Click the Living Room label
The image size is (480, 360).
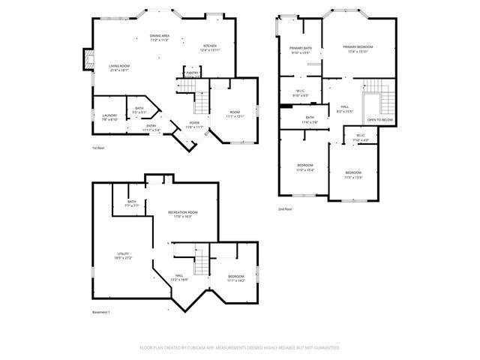[118, 67]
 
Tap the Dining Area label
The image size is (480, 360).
[159, 36]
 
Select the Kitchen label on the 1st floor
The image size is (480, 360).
[210, 46]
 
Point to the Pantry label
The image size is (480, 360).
[192, 73]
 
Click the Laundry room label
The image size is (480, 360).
[109, 115]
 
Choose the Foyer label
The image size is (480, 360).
[194, 122]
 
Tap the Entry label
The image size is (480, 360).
[151, 126]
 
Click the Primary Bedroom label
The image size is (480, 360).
[358, 47]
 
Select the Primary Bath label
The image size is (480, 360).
[301, 49]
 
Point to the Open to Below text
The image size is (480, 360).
[379, 120]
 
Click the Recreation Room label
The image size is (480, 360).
[182, 213]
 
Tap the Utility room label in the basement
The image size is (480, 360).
[123, 255]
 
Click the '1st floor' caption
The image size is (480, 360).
[99, 148]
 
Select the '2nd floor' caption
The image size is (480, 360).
[285, 208]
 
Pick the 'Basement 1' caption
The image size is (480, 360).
[101, 312]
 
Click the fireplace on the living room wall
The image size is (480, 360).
[88, 61]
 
